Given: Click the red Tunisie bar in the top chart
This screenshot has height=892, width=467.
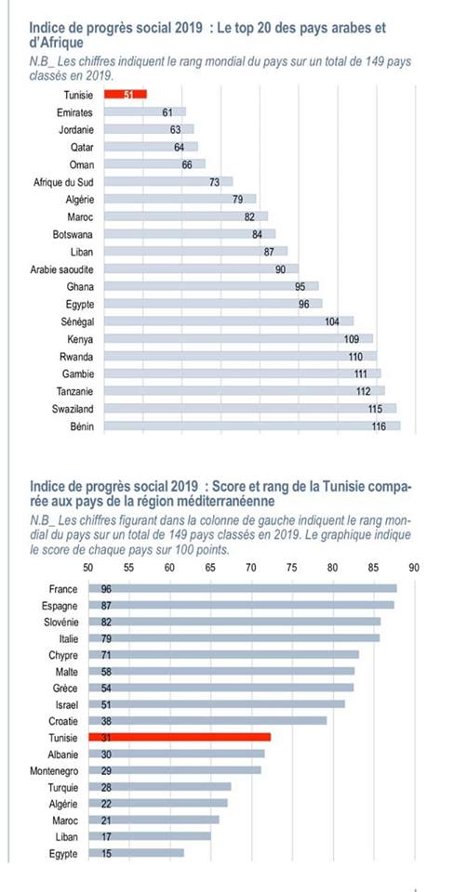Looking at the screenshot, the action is tap(126, 95).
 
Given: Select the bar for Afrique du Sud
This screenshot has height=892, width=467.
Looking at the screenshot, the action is tap(168, 182).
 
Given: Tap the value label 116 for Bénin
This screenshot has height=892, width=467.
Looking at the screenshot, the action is tap(379, 426).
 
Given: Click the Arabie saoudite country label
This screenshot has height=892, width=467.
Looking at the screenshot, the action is tap(62, 269).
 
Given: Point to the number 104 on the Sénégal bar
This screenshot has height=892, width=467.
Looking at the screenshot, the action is tap(332, 321).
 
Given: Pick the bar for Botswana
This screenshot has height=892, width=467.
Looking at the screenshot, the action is tap(190, 234).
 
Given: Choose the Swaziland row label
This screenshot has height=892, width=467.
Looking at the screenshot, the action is tap(72, 409).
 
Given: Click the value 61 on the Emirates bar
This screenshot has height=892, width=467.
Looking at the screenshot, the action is tap(167, 112).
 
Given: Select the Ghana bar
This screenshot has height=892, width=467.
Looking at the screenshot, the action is tap(211, 287).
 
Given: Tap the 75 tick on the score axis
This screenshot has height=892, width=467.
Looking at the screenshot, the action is tap(291, 567).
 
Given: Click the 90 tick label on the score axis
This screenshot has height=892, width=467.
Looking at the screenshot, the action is tap(414, 567).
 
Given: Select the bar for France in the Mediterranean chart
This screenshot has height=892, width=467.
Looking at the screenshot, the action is tap(243, 589).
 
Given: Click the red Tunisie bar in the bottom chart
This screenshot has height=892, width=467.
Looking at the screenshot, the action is tap(180, 737).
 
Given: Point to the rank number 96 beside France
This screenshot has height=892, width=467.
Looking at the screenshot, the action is tap(106, 589).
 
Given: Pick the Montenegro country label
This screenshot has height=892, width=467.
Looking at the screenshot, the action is tap(55, 771).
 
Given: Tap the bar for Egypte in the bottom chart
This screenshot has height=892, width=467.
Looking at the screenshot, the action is tap(136, 854).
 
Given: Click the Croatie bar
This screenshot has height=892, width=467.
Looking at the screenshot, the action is tap(207, 721).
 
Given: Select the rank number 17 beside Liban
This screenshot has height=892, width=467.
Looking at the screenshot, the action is tap(106, 837).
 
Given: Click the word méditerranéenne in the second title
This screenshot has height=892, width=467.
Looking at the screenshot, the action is tap(228, 502).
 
